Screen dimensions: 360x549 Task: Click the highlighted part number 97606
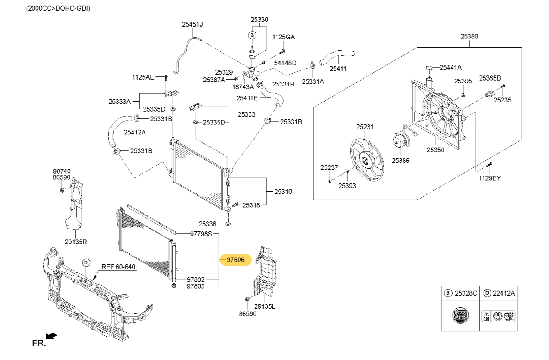(235, 260)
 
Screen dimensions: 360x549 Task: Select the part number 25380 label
(469, 36)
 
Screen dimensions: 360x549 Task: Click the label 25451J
(192, 25)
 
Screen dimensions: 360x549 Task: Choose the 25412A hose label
(135, 132)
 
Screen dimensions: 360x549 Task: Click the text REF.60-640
(118, 267)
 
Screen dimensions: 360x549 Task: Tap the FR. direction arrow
(51, 336)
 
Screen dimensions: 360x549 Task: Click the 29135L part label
(265, 306)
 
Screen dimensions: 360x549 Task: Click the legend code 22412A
(503, 293)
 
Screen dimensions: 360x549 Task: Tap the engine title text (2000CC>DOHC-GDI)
(58, 8)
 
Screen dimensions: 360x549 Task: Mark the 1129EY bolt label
(490, 178)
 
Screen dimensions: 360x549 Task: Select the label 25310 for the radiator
(283, 191)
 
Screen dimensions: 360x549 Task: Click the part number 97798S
(201, 234)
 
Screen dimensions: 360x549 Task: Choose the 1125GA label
(284, 37)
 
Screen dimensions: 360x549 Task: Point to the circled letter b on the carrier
(85, 263)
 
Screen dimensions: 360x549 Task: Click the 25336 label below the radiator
(208, 224)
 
